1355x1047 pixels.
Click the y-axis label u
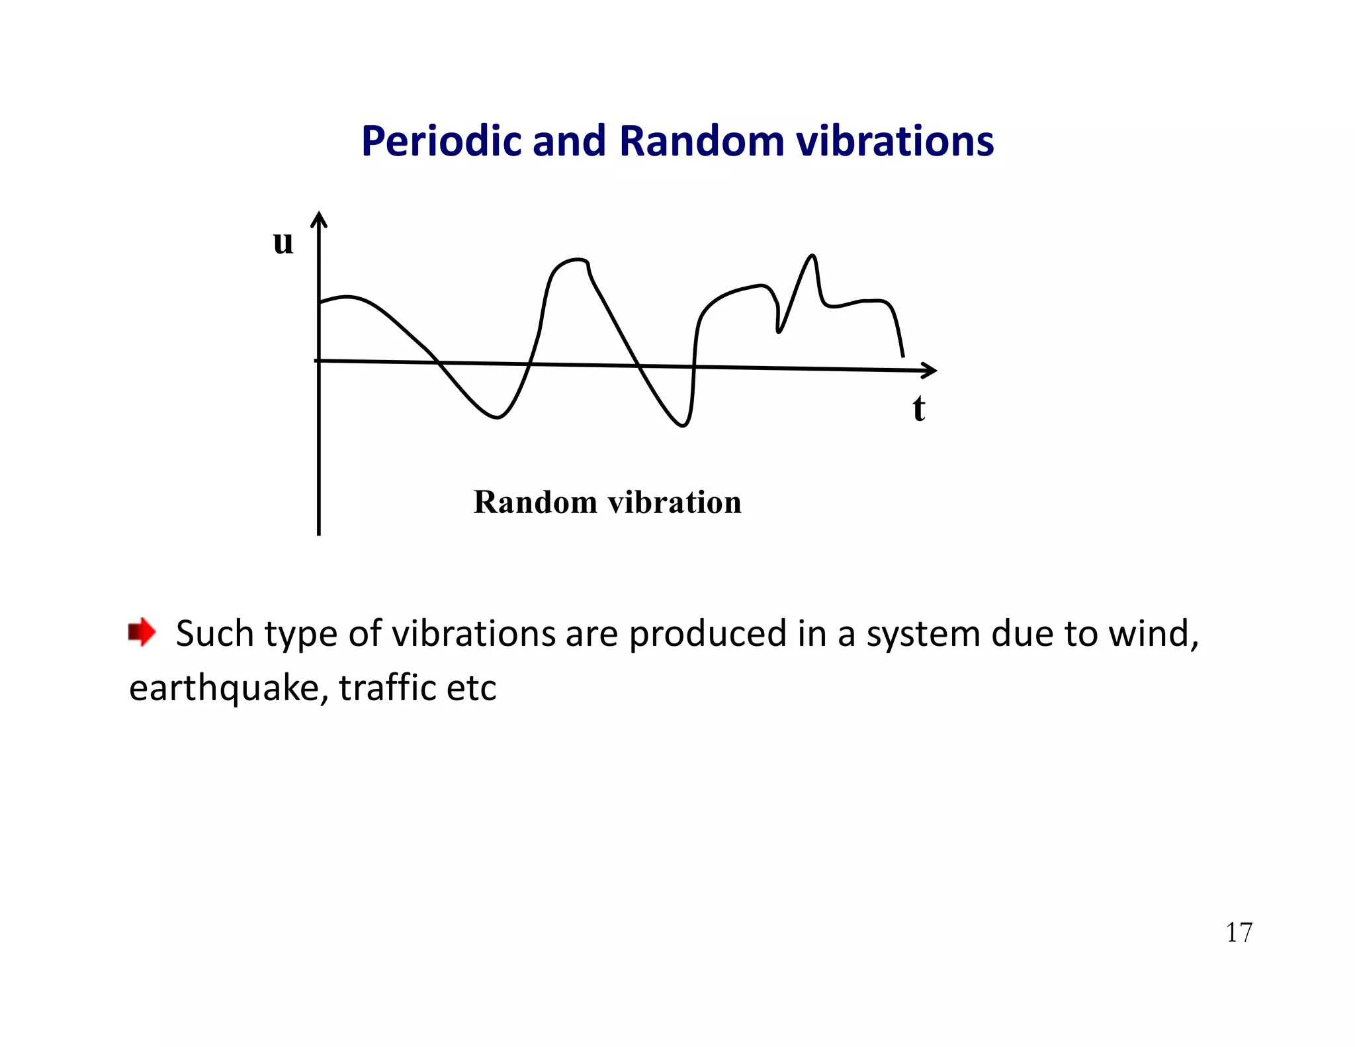click(x=283, y=242)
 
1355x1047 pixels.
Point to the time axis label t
click(x=918, y=408)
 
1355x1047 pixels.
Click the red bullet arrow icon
click(x=142, y=633)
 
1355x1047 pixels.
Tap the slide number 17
click(x=1239, y=933)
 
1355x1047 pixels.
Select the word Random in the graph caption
click(x=535, y=502)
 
